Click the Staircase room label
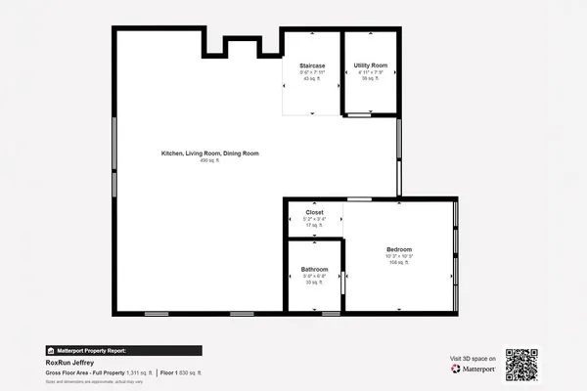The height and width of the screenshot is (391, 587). pyautogui.click(x=312, y=65)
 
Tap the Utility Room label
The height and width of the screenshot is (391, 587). pyautogui.click(x=371, y=65)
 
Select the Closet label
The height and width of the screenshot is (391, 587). pyautogui.click(x=314, y=211)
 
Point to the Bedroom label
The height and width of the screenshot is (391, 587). pyautogui.click(x=399, y=249)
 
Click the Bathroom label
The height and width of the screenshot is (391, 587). pyautogui.click(x=314, y=269)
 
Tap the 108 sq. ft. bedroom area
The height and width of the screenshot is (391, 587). pyautogui.click(x=399, y=263)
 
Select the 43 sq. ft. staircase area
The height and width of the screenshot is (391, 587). pyautogui.click(x=312, y=78)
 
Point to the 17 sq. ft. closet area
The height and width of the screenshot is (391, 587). pyautogui.click(x=314, y=225)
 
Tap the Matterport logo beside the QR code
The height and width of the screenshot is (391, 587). pyautogui.click(x=473, y=369)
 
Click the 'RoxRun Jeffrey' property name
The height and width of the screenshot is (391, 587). pyautogui.click(x=69, y=362)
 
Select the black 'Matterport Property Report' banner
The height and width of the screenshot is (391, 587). pyautogui.click(x=123, y=350)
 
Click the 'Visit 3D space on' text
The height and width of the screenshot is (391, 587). pyautogui.click(x=473, y=359)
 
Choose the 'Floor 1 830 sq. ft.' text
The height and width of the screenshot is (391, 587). pyautogui.click(x=180, y=372)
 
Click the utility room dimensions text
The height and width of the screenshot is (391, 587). pyautogui.click(x=371, y=71)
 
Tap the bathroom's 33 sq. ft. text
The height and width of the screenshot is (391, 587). pyautogui.click(x=314, y=282)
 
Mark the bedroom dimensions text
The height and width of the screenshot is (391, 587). pyautogui.click(x=399, y=256)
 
